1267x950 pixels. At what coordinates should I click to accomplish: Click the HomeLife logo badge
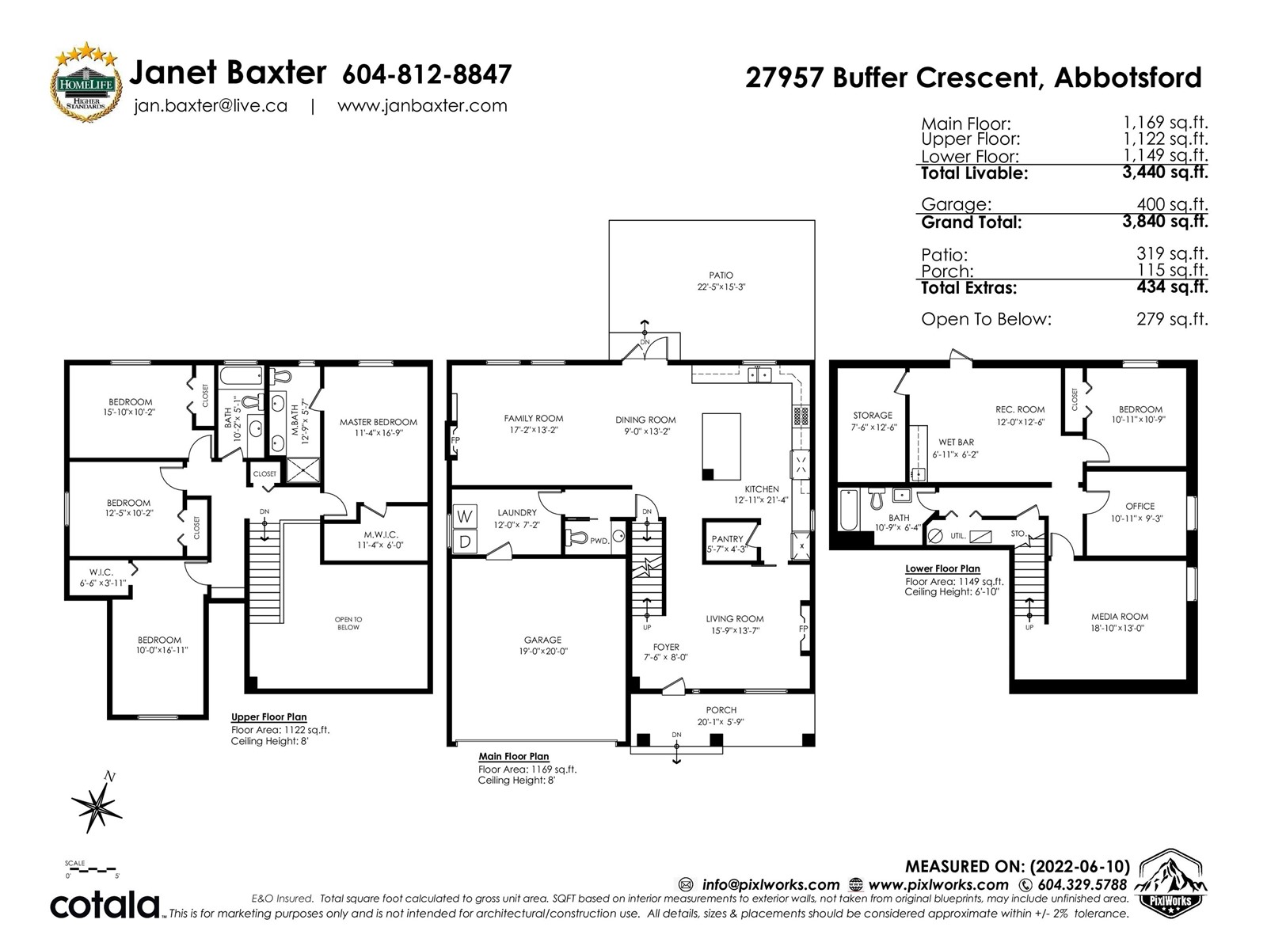click(86, 82)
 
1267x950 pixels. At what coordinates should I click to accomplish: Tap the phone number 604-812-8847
click(427, 74)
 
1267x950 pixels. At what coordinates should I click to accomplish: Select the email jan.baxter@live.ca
click(211, 106)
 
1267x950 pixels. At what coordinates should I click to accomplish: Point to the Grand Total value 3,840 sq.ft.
click(1165, 222)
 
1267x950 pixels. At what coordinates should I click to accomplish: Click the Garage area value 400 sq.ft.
click(1172, 204)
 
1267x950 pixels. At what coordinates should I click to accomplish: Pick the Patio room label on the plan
click(721, 281)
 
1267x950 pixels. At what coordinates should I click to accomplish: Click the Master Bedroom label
click(378, 427)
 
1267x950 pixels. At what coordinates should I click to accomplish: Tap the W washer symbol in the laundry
click(466, 516)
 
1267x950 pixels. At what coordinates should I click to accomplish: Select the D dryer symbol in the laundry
click(466, 541)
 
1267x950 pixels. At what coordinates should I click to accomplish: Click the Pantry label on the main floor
click(727, 544)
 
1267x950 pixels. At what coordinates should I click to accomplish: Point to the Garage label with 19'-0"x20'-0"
click(542, 645)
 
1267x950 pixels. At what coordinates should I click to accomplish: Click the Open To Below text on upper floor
click(348, 624)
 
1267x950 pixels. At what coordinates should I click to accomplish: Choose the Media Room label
click(1119, 622)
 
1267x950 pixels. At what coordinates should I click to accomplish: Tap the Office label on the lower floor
click(1140, 512)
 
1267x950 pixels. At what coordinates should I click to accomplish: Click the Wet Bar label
click(956, 448)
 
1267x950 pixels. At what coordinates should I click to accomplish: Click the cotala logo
click(105, 904)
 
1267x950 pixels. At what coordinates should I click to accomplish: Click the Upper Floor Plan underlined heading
click(268, 717)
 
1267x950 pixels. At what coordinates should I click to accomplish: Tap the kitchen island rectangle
click(721, 446)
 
